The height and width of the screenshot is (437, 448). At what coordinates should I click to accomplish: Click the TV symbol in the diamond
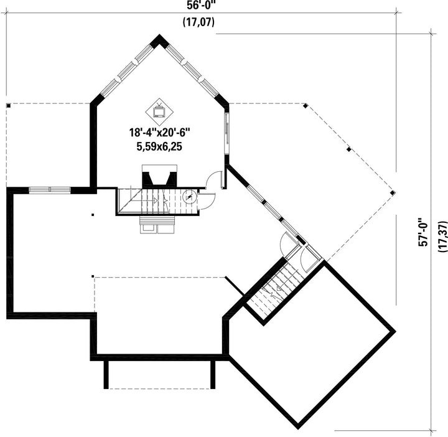click(159, 111)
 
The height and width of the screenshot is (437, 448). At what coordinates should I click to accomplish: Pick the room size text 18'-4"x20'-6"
click(159, 133)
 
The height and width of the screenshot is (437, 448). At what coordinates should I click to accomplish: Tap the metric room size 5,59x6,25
click(159, 147)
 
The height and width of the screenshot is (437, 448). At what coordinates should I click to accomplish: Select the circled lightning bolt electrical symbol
click(189, 196)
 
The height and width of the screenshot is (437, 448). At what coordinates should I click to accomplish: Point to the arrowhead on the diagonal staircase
click(278, 288)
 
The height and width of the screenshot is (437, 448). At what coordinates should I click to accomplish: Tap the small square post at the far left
click(9, 106)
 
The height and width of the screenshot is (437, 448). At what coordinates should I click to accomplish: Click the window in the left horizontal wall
click(50, 189)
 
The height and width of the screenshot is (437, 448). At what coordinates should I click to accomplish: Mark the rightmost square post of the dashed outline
click(393, 192)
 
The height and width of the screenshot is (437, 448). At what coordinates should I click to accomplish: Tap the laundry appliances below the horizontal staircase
click(157, 225)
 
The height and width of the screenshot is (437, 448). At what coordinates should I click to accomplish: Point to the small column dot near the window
click(93, 214)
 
